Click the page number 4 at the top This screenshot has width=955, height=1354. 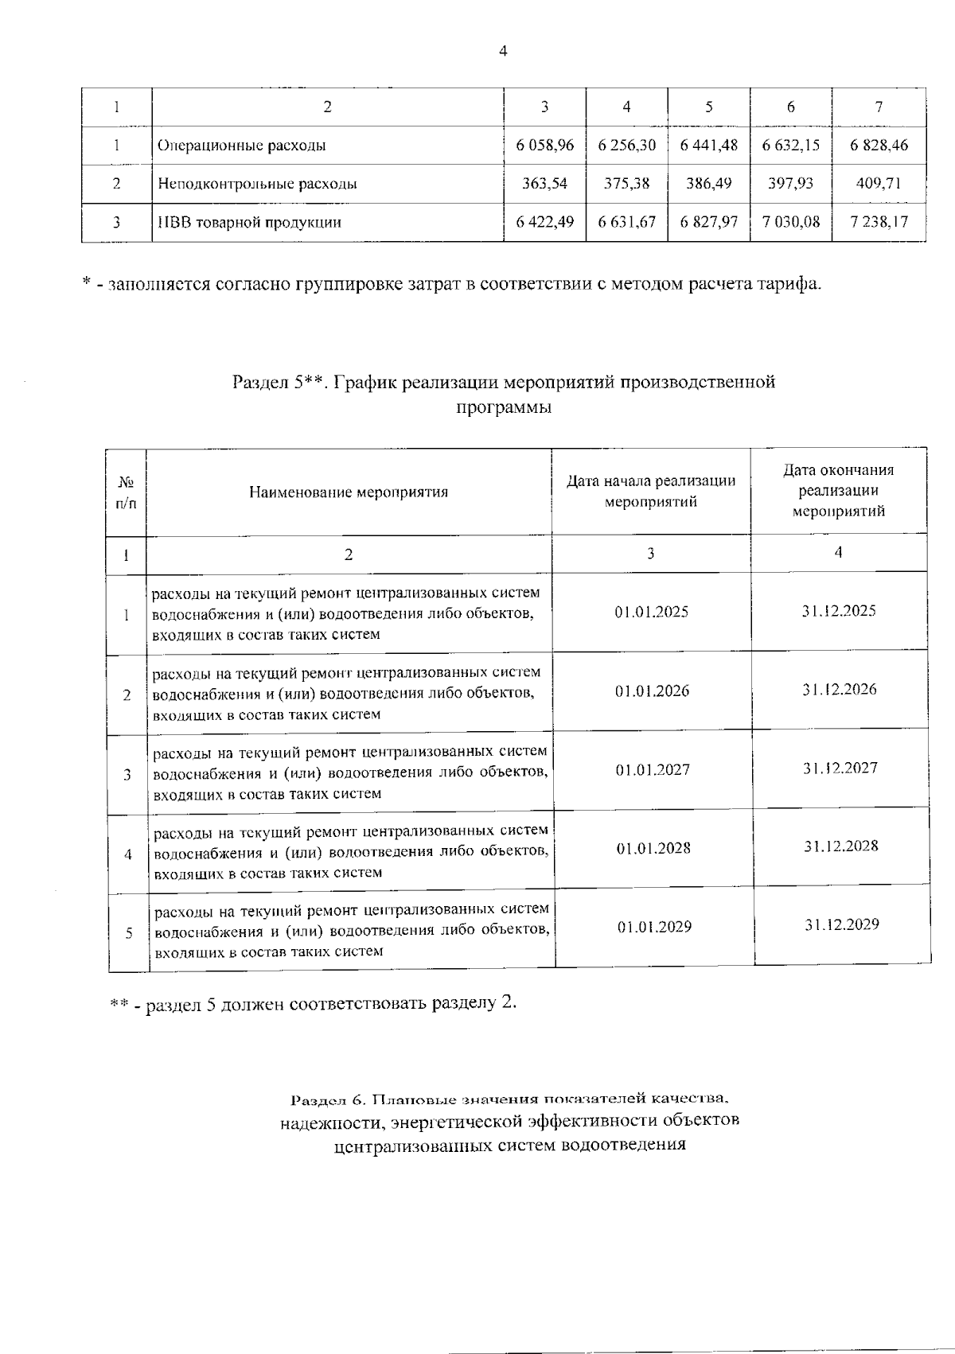click(x=502, y=52)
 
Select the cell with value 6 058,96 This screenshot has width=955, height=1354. click(x=544, y=146)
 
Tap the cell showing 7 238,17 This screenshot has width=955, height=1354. click(x=879, y=222)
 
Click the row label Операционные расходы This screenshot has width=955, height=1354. click(x=242, y=146)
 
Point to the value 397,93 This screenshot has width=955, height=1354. click(x=790, y=184)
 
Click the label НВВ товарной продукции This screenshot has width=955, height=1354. click(x=250, y=223)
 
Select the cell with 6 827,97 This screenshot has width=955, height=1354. click(x=708, y=222)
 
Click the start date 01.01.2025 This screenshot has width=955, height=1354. click(x=651, y=613)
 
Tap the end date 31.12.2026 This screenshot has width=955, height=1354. click(x=839, y=690)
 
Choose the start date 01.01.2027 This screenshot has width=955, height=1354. click(x=653, y=770)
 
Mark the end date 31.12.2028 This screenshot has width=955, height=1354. click(x=840, y=846)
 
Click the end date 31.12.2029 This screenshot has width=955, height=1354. click(x=841, y=925)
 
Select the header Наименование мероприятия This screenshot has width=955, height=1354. click(x=349, y=492)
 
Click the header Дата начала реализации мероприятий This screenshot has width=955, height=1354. click(x=650, y=492)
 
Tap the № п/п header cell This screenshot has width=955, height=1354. click(x=126, y=492)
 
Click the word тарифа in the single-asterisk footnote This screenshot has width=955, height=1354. click(x=789, y=283)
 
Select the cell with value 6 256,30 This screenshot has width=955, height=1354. click(x=626, y=146)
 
